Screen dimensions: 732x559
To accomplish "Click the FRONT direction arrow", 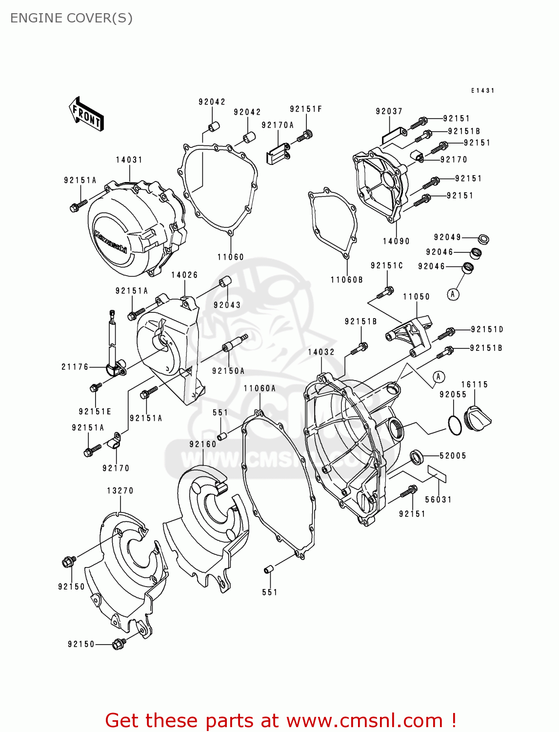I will (x=86, y=114).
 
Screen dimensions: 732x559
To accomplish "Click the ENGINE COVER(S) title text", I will (x=71, y=18).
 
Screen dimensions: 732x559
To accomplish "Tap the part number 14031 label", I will (x=129, y=160).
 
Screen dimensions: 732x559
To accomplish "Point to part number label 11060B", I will (x=347, y=280).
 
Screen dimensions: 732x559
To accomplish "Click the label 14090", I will (x=396, y=241).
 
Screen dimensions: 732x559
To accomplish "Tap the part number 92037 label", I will (x=389, y=111).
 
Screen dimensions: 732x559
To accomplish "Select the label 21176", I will (x=75, y=367).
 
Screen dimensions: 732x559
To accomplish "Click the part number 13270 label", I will (x=120, y=491).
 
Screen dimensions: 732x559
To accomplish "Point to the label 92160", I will (x=203, y=444).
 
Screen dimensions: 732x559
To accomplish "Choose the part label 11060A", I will (x=260, y=388).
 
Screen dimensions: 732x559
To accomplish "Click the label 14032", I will (x=321, y=352).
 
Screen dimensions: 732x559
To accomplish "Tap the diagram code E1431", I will (x=482, y=91).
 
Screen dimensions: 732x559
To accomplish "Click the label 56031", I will (x=439, y=500).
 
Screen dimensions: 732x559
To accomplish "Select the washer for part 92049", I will (x=483, y=239).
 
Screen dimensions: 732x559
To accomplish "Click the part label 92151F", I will (x=306, y=109).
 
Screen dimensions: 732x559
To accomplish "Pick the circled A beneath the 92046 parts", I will (x=453, y=294).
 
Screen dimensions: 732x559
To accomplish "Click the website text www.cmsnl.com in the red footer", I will (x=364, y=721).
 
